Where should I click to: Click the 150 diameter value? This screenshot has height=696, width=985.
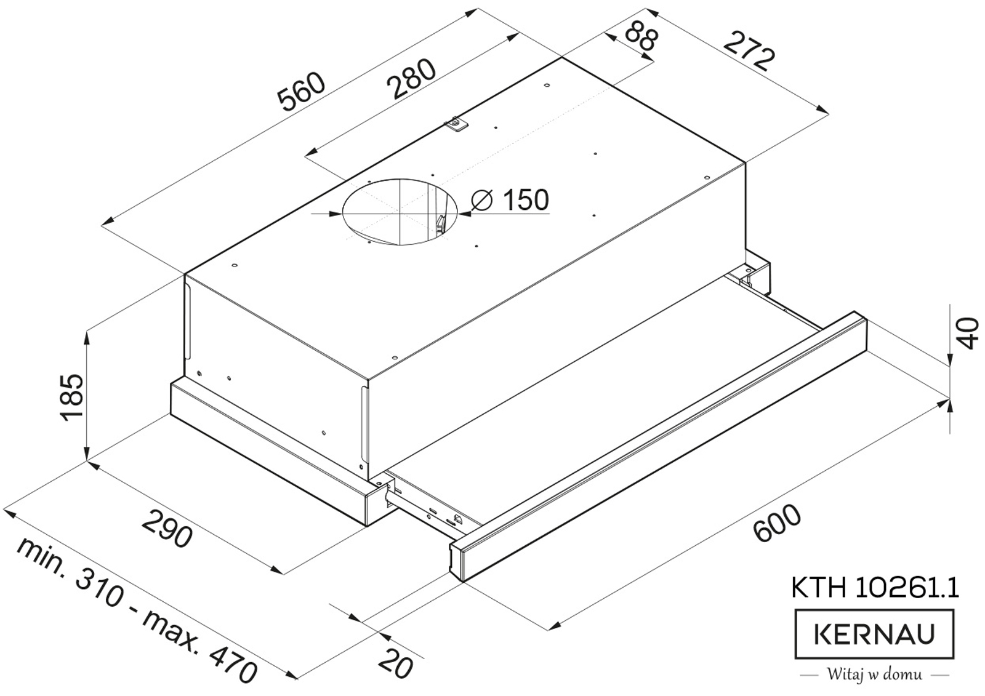[x=526, y=200]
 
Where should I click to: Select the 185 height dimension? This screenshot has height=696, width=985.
[x=72, y=398]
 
